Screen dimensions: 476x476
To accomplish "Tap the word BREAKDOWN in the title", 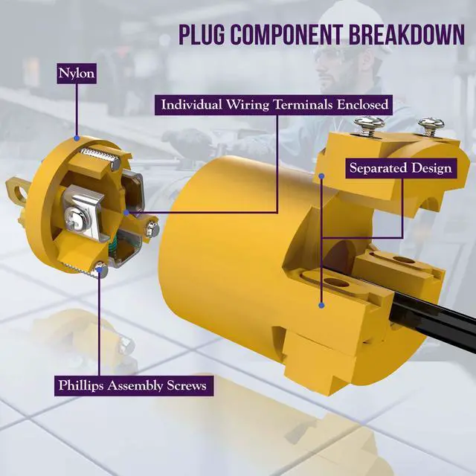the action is pyautogui.click(x=407, y=34).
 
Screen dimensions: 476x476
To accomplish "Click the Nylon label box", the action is pyautogui.click(x=77, y=74).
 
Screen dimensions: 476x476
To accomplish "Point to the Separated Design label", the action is pyautogui.click(x=401, y=168).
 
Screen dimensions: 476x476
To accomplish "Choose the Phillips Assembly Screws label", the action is pyautogui.click(x=134, y=385).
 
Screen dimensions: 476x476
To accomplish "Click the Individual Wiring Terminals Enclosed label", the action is pyautogui.click(x=274, y=105).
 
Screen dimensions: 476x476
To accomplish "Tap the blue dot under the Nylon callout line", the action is pyautogui.click(x=77, y=138).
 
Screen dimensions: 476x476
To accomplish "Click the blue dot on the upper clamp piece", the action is pyautogui.click(x=322, y=176).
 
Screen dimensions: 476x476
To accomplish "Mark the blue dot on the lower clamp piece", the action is pyautogui.click(x=322, y=306).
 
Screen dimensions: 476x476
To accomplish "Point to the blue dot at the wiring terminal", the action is pyautogui.click(x=126, y=213).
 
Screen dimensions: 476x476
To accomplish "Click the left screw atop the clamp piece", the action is pyautogui.click(x=369, y=126).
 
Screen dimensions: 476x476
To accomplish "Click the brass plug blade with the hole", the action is pyautogui.click(x=17, y=190).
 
